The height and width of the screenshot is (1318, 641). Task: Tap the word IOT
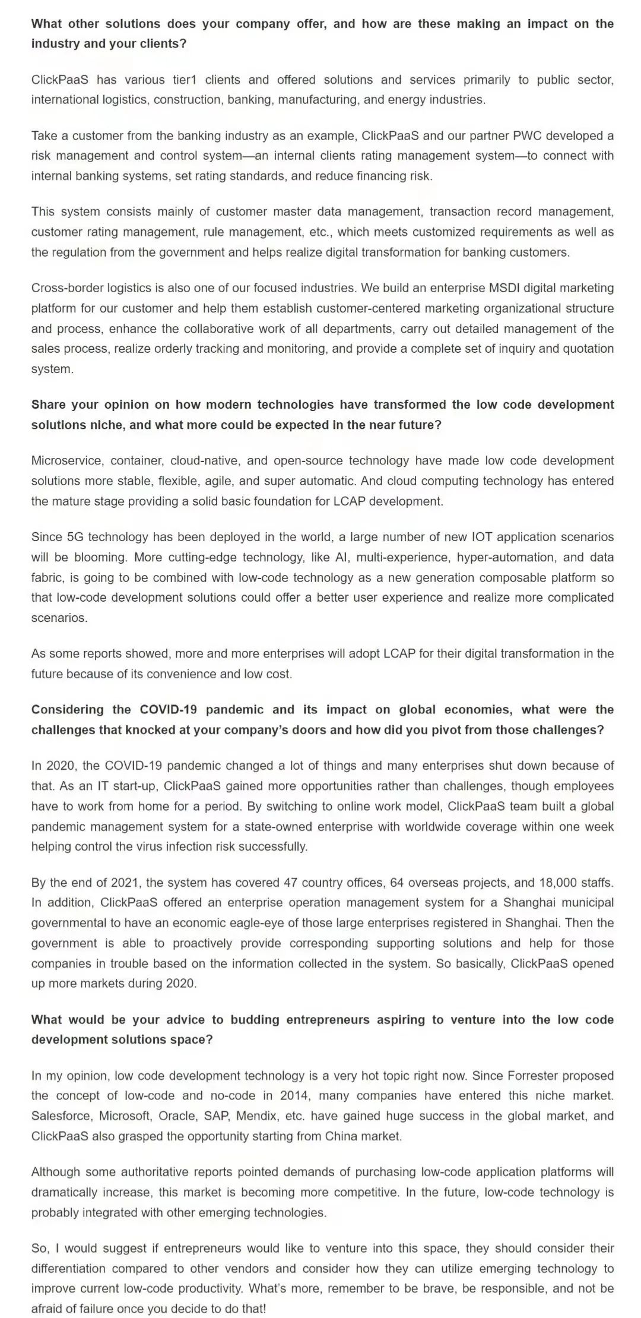pos(481,537)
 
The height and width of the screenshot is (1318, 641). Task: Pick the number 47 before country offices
pos(291,882)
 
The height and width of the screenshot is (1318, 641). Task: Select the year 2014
pos(294,1095)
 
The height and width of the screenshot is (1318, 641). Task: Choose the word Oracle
pos(177,1115)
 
